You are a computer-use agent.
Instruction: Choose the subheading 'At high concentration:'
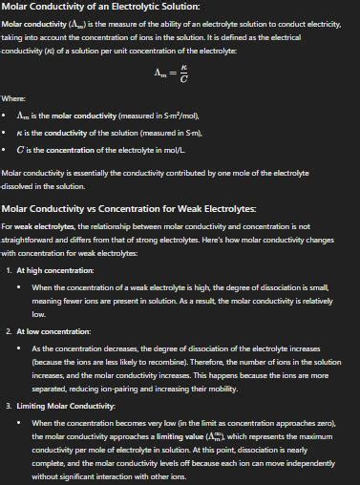click(53, 271)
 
